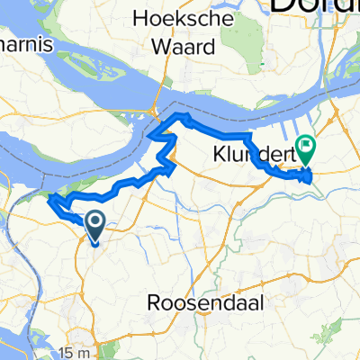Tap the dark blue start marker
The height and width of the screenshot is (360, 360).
click(x=94, y=222)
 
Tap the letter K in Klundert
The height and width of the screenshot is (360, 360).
click(x=218, y=153)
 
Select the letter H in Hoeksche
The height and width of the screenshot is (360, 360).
click(x=137, y=17)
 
